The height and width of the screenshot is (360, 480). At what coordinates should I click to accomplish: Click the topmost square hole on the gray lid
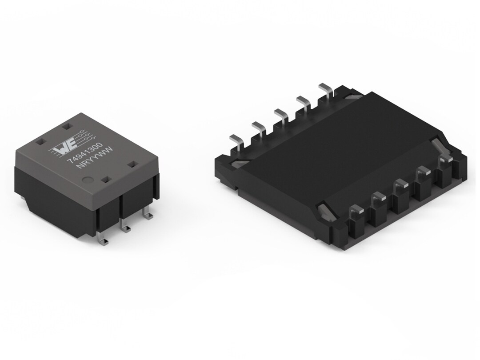[x=67, y=127]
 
